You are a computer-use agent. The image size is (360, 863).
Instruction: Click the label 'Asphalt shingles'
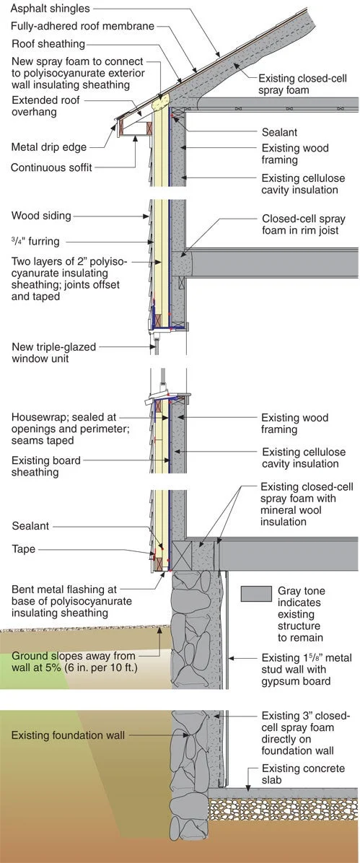tap(48, 9)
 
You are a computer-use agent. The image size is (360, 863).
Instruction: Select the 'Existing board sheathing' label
tap(45, 465)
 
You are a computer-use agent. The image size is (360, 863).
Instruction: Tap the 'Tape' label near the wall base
tap(23, 549)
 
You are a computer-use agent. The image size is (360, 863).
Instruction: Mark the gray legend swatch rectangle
tap(255, 592)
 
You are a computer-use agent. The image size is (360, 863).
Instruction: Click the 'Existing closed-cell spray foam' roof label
tap(299, 86)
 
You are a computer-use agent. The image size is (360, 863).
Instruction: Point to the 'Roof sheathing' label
tap(48, 43)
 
